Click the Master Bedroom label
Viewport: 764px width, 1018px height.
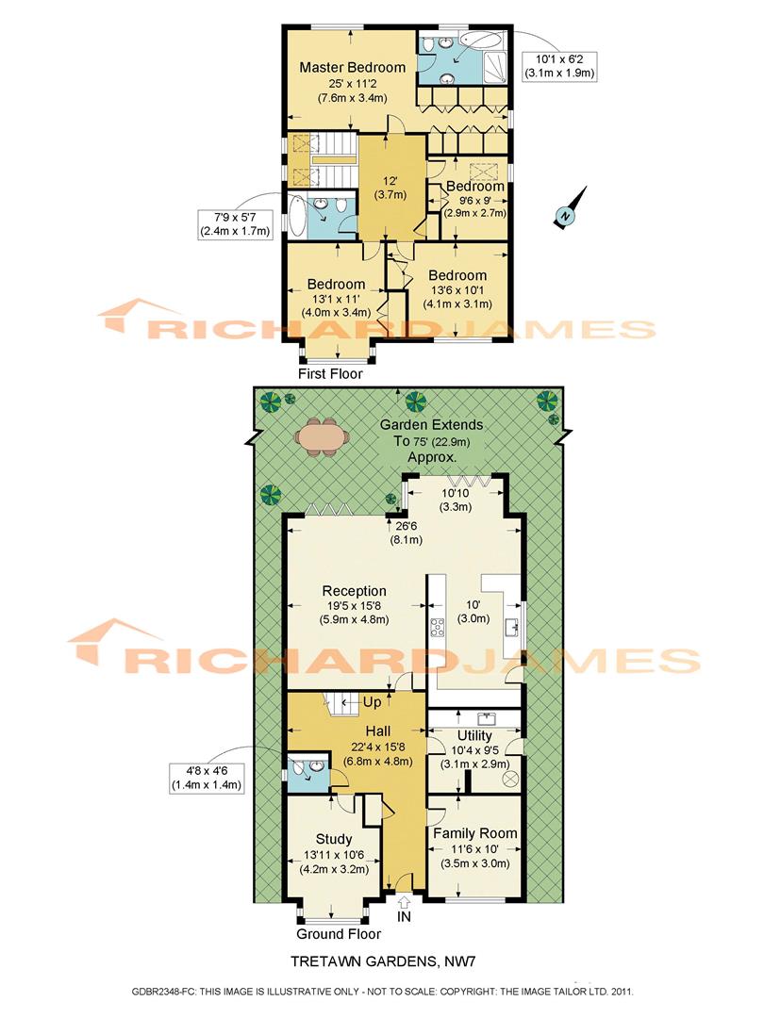click(x=352, y=68)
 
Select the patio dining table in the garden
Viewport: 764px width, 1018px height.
click(x=319, y=436)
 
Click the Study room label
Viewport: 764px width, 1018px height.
click(x=334, y=839)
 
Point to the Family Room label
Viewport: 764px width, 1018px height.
click(x=474, y=833)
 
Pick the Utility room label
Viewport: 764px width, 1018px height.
click(x=474, y=735)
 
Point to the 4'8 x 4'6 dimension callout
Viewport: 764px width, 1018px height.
click(x=207, y=776)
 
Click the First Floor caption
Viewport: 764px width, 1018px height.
click(x=330, y=374)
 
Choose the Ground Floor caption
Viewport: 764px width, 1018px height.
click(x=339, y=934)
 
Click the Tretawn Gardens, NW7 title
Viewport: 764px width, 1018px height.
click(x=381, y=962)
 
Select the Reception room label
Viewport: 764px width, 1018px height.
click(x=354, y=591)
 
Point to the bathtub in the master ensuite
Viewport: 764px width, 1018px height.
click(x=483, y=43)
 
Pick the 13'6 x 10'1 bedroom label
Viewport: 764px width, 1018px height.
click(x=458, y=277)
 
